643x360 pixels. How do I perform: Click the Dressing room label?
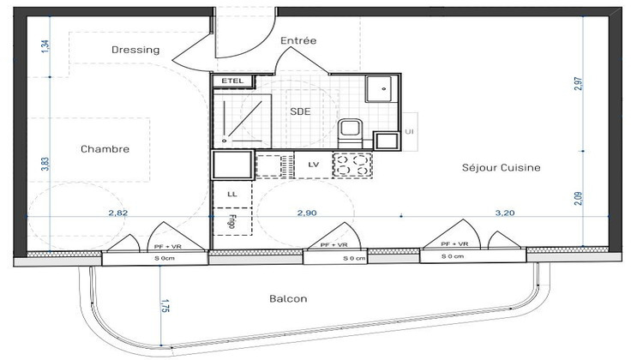point(135,50)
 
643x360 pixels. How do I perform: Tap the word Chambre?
point(105,149)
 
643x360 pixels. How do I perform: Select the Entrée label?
point(298,41)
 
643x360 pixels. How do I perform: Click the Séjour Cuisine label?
point(500,168)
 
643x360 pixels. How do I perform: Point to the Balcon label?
point(288,299)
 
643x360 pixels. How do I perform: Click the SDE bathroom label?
point(300,111)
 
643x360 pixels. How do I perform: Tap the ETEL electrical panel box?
point(232,81)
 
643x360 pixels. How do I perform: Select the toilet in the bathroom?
point(350,132)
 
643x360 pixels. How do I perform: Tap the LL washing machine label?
point(231,195)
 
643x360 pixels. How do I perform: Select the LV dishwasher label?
point(313,163)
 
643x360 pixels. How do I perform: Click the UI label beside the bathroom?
point(410,131)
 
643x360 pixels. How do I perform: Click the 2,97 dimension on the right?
point(581,84)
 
